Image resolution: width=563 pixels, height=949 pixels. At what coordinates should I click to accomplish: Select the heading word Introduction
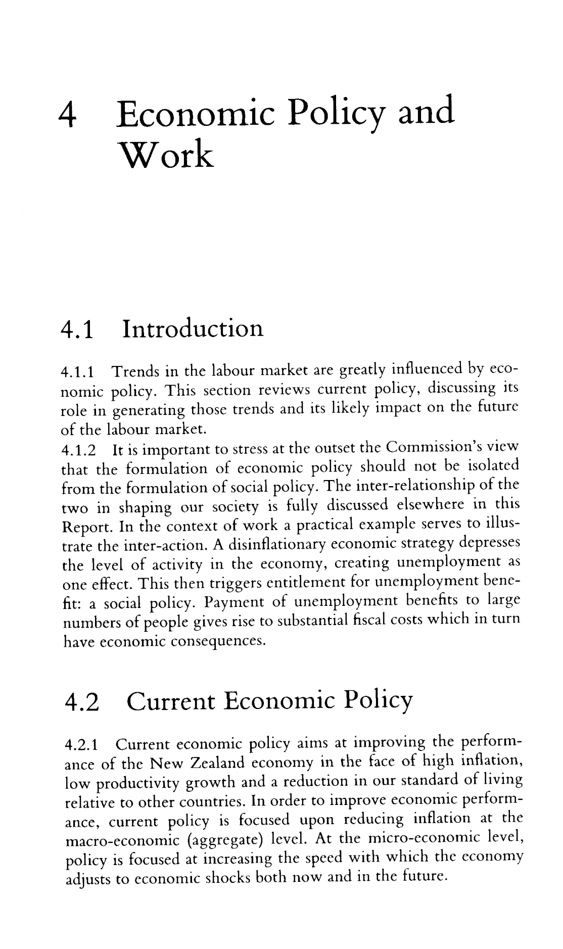(x=193, y=328)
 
